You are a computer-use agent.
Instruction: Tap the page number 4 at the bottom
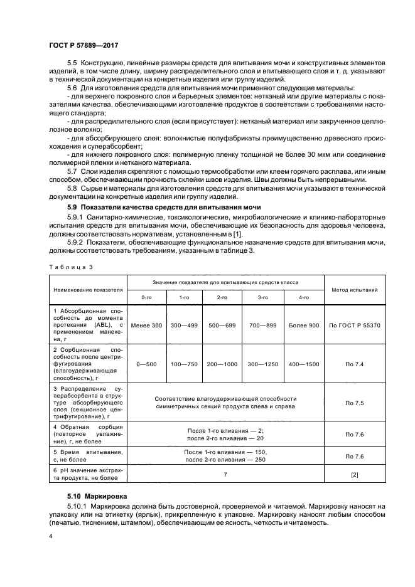pos(50,537)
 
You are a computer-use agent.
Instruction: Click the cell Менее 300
pos(146,325)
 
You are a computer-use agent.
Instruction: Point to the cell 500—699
pos(223,325)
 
